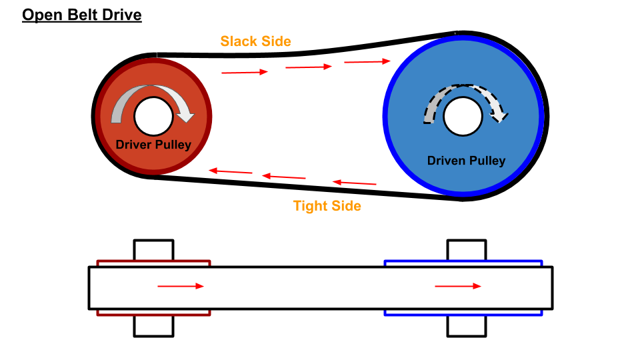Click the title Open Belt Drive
pos(82,15)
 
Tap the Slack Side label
pos(256,41)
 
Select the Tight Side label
pos(327,206)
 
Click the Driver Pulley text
pos(153,145)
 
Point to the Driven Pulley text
pos(466,161)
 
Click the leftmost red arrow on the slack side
pos(245,71)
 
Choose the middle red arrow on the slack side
pos(308,67)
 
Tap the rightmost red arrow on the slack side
pos(367,62)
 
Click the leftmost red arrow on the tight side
pos(231,171)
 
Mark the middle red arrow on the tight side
pos(283,177)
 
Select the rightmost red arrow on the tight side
pos(355,182)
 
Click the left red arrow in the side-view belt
pos(181,286)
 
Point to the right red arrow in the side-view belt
pos(458,286)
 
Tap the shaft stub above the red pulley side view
pos(153,250)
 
